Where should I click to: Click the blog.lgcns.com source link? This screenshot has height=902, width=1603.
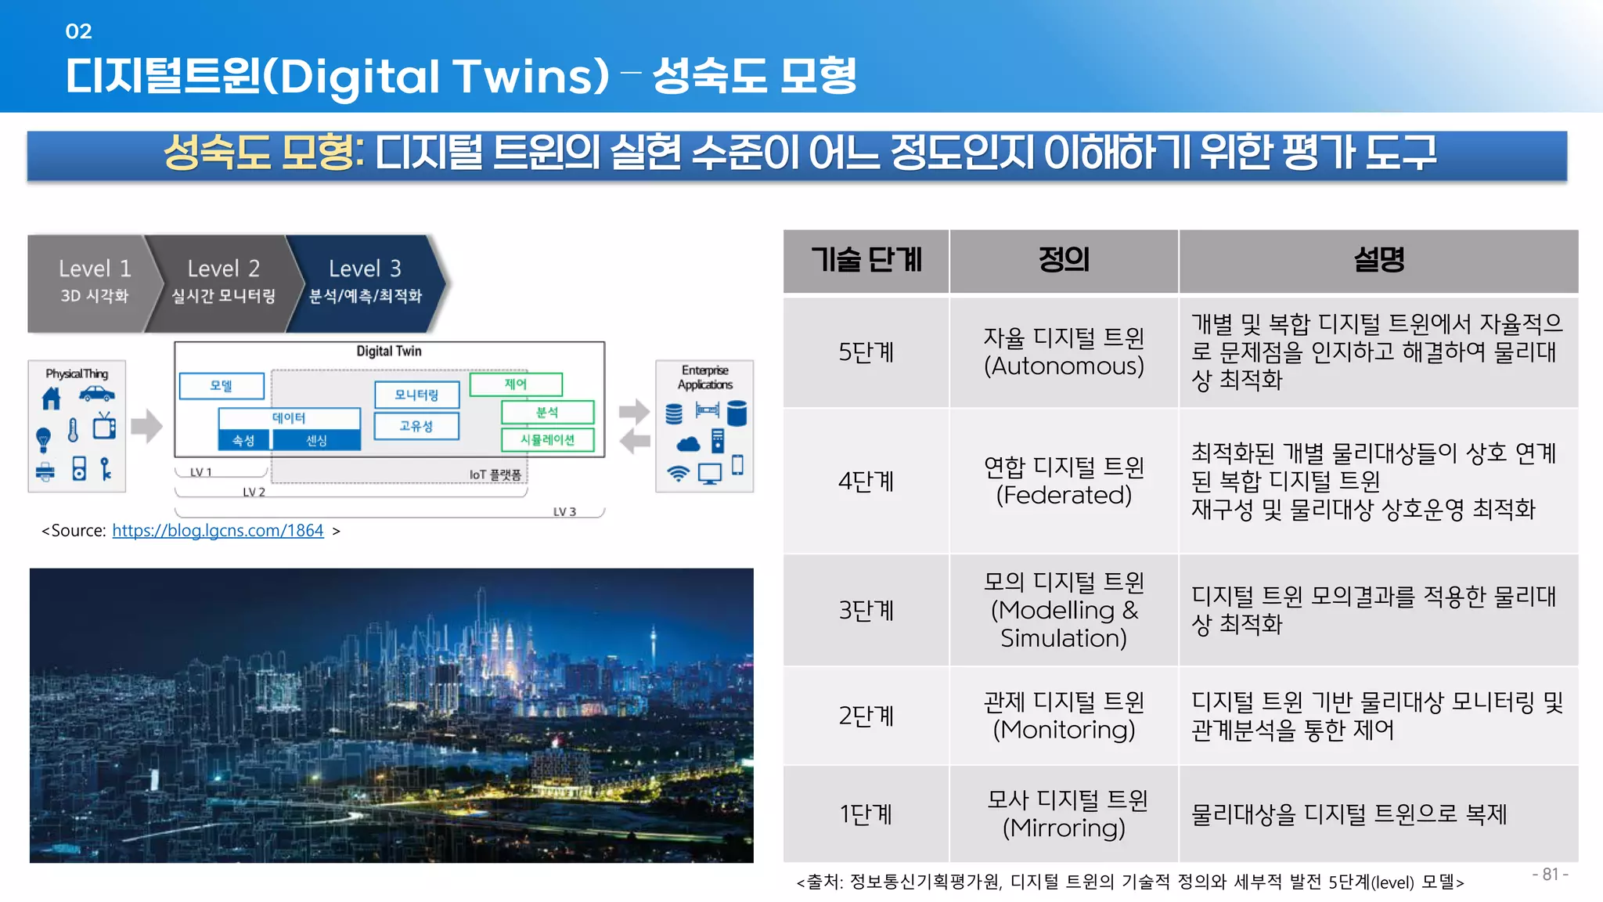click(218, 531)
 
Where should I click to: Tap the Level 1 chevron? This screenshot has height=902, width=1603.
click(92, 282)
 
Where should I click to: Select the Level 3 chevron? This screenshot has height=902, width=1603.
click(365, 282)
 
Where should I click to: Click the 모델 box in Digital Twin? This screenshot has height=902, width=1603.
click(222, 386)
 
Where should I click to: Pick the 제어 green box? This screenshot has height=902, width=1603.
click(516, 384)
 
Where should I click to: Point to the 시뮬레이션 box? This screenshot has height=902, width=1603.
click(547, 440)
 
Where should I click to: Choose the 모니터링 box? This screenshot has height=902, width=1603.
click(416, 395)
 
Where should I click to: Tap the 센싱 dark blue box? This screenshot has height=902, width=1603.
click(316, 441)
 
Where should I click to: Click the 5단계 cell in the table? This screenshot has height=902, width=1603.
click(866, 352)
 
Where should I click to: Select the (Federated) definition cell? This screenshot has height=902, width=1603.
click(1064, 481)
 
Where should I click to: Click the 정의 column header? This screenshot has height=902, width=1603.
click(1064, 260)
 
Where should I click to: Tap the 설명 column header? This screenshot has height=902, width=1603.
click(1378, 260)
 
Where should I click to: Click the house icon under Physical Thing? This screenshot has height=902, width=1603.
click(51, 399)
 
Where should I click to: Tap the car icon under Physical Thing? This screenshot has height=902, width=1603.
click(97, 394)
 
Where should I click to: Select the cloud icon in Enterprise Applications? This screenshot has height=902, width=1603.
click(688, 445)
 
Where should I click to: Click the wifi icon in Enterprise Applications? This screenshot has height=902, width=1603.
click(678, 473)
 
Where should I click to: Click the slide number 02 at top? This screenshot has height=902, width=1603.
click(78, 31)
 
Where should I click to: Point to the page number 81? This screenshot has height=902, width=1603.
click(1550, 875)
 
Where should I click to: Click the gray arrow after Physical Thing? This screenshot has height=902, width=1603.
click(146, 427)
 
